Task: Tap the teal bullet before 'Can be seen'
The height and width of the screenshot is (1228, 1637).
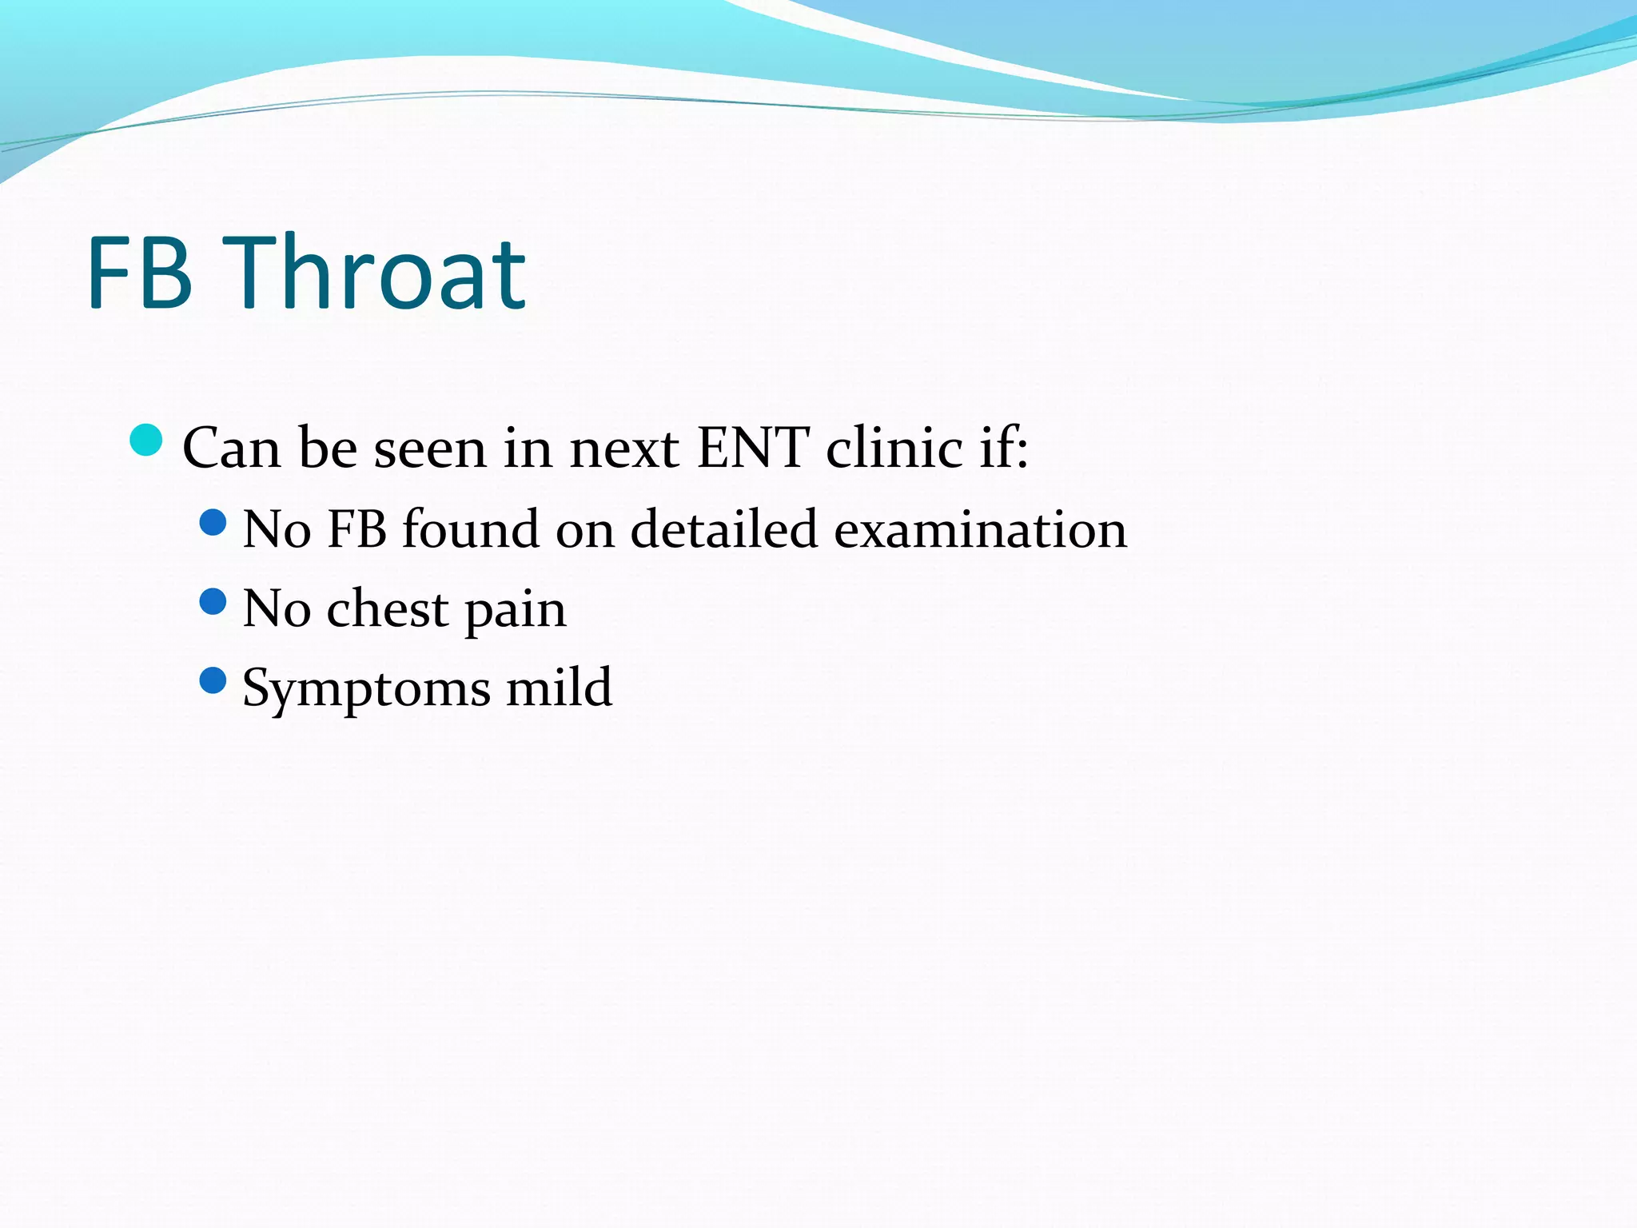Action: (146, 441)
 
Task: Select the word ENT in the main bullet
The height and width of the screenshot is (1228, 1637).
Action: (752, 448)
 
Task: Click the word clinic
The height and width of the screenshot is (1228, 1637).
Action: (894, 448)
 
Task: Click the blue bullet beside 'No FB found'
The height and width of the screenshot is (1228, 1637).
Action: (213, 524)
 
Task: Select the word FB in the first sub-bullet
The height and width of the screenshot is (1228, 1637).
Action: (356, 529)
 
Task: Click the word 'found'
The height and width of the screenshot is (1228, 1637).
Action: (470, 529)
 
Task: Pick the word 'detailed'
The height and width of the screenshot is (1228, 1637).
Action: (723, 529)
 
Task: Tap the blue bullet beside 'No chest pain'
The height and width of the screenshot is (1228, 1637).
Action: (213, 601)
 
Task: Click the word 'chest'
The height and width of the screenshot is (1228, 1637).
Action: (388, 609)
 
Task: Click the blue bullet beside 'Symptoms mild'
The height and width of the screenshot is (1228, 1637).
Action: (213, 681)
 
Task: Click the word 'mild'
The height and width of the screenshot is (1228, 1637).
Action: (559, 688)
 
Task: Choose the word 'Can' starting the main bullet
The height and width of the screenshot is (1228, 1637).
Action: (231, 448)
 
